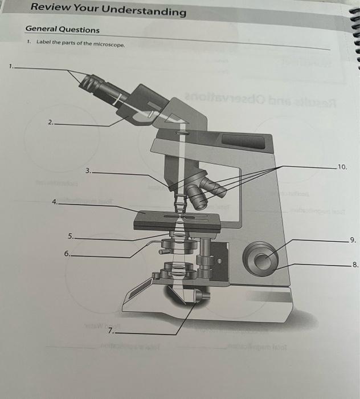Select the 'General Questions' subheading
[62, 30]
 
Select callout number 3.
[88, 170]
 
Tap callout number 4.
[54, 201]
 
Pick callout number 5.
[70, 235]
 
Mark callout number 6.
[67, 254]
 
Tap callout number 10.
[342, 167]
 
